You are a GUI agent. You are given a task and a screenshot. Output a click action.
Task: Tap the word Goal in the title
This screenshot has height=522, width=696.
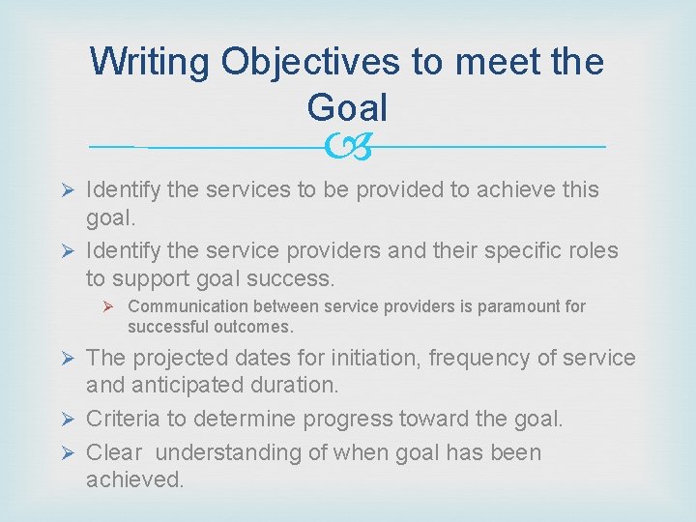(x=347, y=107)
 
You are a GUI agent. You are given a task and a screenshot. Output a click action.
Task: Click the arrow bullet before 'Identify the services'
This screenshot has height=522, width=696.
(x=68, y=189)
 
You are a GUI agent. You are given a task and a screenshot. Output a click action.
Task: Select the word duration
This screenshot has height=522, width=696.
(x=299, y=385)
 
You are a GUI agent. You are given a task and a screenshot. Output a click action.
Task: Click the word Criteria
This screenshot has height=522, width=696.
(x=122, y=419)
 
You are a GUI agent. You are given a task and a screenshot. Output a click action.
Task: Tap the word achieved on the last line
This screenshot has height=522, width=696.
(x=135, y=478)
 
